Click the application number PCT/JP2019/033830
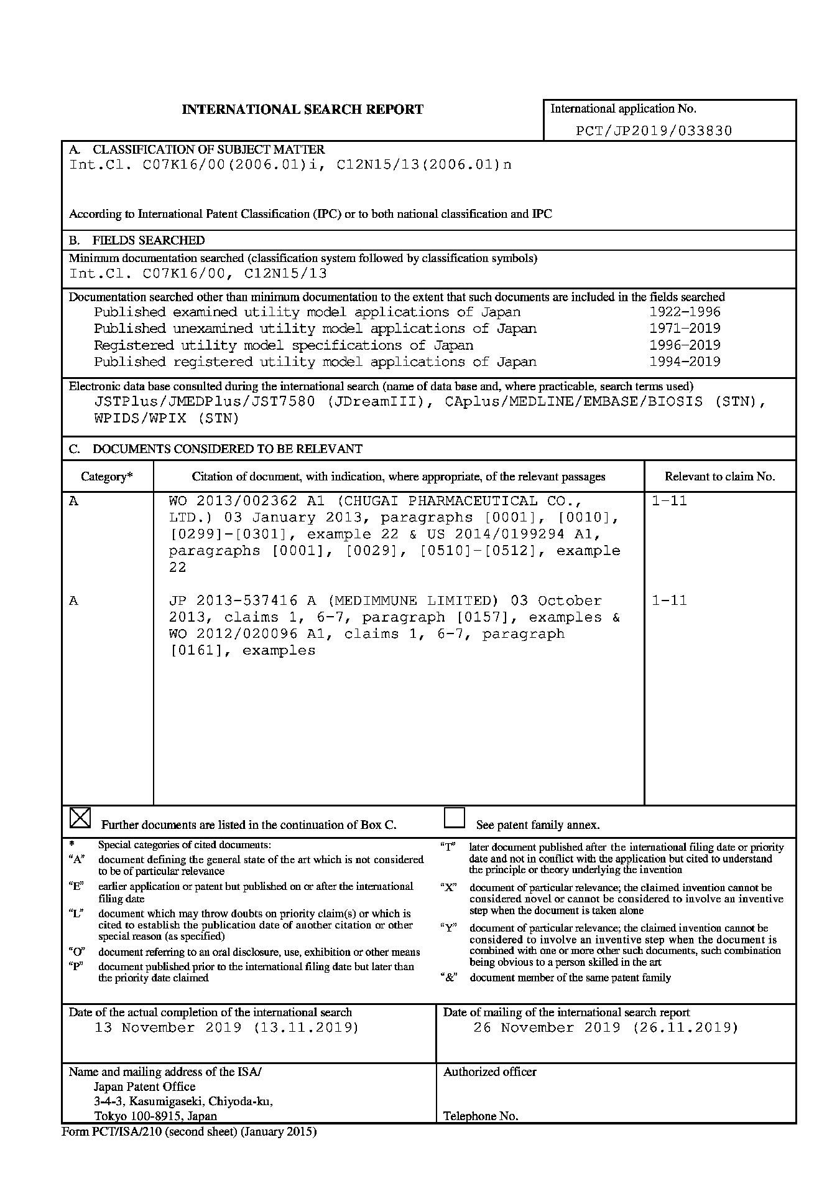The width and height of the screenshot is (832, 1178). point(654,131)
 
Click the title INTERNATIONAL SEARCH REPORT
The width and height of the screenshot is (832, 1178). point(302,110)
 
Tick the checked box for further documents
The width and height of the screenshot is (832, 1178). point(80,818)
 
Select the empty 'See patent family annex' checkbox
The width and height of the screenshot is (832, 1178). point(455,818)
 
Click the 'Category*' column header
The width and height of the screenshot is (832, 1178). point(107,477)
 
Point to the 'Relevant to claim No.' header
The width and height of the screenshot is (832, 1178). point(719,477)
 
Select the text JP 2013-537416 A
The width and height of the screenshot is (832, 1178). point(243,601)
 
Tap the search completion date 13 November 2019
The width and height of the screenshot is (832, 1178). point(168,1027)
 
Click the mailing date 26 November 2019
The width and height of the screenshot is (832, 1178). point(547,1027)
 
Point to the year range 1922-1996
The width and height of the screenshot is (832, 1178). point(685,312)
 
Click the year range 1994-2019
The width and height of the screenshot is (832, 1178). point(685,362)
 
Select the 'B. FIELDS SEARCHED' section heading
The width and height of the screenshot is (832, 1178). point(137,240)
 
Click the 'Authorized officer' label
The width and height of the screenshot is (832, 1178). point(489,1072)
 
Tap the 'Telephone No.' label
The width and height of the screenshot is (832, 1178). point(480,1116)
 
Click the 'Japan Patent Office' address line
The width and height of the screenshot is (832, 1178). point(144,1087)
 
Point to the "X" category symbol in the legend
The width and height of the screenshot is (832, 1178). point(448,888)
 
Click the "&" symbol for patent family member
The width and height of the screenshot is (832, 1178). point(448,978)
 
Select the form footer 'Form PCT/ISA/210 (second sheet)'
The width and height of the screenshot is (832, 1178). point(189,1131)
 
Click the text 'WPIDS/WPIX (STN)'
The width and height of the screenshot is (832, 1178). point(167,418)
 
